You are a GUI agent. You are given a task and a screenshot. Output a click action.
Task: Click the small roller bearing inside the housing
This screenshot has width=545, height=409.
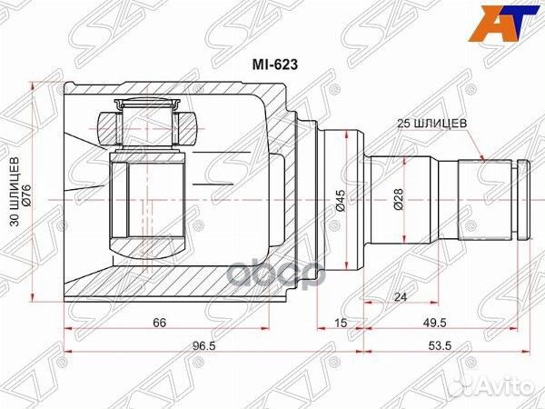coord(148,121)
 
